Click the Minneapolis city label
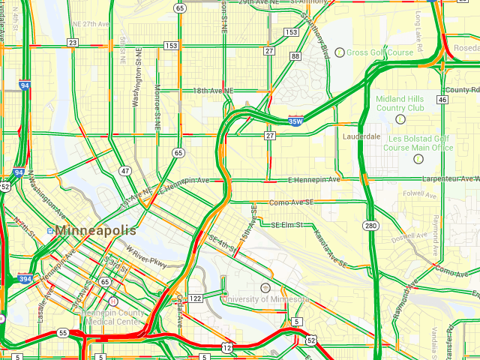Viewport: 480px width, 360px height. (x=95, y=230)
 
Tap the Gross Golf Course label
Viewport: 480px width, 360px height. (x=379, y=52)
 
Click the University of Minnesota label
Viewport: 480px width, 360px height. (x=265, y=298)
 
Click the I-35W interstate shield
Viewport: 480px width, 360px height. (x=295, y=120)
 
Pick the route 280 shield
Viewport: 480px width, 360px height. (x=370, y=225)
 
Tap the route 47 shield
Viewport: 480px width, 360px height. (x=125, y=171)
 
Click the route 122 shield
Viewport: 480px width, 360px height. (x=196, y=298)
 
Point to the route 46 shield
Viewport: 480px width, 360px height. (x=442, y=99)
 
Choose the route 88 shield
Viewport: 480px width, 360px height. (x=295, y=56)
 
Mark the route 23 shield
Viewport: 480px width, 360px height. (x=72, y=43)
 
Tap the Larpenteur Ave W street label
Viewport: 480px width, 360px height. (x=450, y=179)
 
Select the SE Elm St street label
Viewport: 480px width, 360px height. (x=286, y=224)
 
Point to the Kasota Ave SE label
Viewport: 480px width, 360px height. (x=330, y=248)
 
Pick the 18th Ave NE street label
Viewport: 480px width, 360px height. (x=213, y=91)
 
